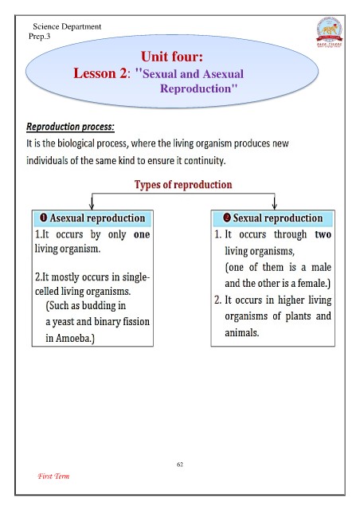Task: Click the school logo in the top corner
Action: tap(329, 33)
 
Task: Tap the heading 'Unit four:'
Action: tap(172, 57)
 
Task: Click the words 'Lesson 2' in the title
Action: tap(100, 73)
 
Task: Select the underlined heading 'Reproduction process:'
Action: tap(70, 127)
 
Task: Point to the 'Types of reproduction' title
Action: tap(183, 184)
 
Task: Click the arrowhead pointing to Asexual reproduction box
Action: tap(92, 206)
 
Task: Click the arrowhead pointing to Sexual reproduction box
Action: tap(275, 206)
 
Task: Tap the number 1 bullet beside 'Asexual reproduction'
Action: tap(43, 218)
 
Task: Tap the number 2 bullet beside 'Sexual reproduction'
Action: tap(227, 218)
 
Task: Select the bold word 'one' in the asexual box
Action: tap(142, 234)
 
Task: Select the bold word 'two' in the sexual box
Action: tap(323, 234)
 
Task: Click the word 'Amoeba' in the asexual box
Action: tap(72, 338)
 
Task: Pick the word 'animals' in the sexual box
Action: tap(241, 333)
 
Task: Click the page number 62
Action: tap(180, 465)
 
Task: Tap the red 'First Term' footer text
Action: tap(53, 477)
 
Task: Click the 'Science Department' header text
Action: tap(67, 26)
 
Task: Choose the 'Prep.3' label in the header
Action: tap(39, 36)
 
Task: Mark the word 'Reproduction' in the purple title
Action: tap(195, 88)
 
